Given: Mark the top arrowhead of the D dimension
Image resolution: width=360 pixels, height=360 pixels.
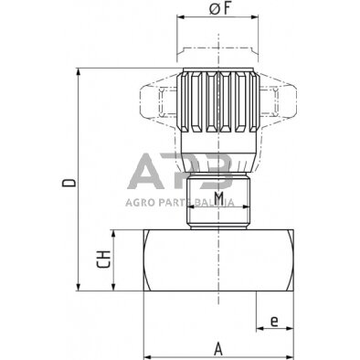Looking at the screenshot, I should tap(81, 71).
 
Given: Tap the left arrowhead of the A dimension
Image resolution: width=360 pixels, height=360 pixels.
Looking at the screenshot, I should tap(145, 355).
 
